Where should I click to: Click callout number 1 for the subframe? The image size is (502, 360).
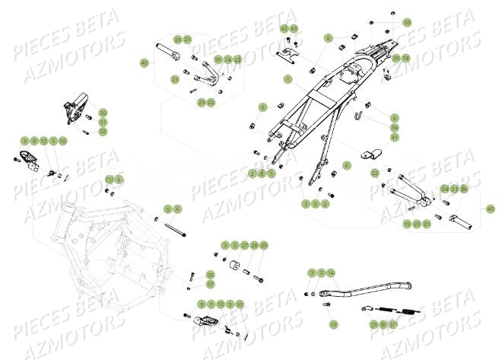tap(288, 78)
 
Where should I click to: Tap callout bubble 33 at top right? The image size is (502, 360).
tap(406, 23)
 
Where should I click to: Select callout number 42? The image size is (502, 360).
tap(284, 28)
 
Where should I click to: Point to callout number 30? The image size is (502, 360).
tap(103, 113)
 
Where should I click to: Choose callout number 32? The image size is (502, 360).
tap(103, 132)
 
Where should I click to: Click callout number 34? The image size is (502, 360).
tap(395, 128)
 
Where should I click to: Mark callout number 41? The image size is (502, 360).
tap(395, 138)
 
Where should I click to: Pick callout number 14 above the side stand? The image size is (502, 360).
tap(331, 272)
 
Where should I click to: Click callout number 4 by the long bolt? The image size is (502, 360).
tap(177, 209)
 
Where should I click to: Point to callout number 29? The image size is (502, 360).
tap(264, 245)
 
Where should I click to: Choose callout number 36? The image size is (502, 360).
tap(211, 275)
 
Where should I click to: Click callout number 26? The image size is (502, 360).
tap(465, 189)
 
